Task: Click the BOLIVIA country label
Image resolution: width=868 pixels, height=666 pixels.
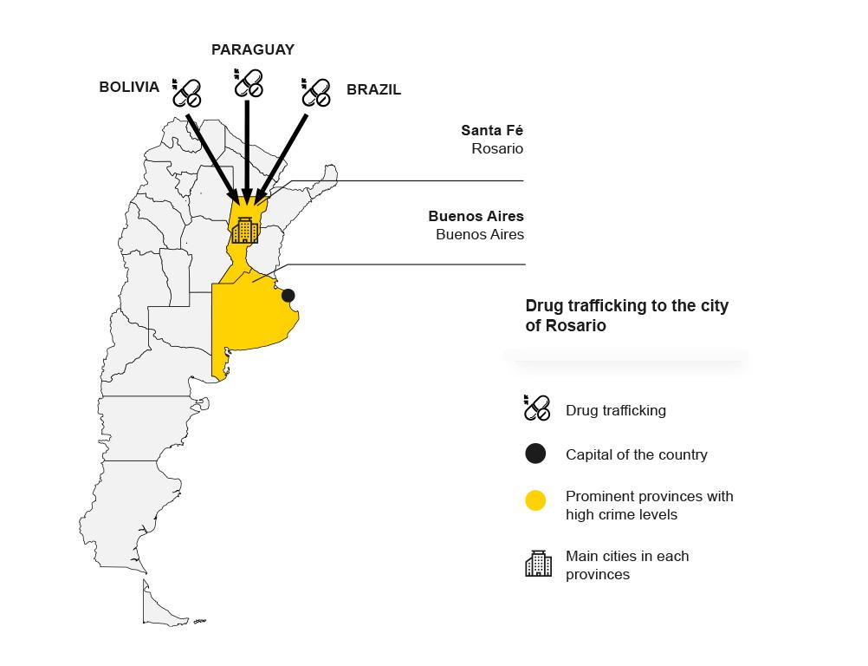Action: coord(129,87)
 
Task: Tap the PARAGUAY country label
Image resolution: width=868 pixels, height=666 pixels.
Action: coord(253,50)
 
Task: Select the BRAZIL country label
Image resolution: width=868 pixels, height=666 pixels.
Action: coord(373,90)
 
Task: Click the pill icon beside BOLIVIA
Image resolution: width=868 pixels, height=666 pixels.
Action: coord(186,93)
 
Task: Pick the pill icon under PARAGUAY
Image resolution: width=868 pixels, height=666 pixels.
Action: coord(248,83)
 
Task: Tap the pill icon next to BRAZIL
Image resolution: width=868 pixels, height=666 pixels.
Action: coord(316,92)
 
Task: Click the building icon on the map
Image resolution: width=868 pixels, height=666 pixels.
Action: coord(244,230)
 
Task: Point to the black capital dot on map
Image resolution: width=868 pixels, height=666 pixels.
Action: coord(288,296)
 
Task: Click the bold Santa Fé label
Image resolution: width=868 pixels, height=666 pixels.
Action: coord(492,130)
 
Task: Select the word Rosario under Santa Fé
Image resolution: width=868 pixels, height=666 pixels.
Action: coord(497,148)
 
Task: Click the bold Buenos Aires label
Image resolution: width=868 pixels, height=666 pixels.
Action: coord(476,216)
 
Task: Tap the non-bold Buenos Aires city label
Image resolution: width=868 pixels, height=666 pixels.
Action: coord(480,234)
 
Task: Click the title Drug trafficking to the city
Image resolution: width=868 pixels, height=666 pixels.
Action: coord(626,306)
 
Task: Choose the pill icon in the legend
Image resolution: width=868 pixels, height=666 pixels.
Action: coord(537,408)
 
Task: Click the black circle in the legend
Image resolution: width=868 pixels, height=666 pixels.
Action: coord(535,454)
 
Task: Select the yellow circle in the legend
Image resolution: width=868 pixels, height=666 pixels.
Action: coord(535,500)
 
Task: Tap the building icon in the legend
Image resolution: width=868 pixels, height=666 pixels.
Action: coord(538,564)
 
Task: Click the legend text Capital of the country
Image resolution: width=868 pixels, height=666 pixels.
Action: coord(637,455)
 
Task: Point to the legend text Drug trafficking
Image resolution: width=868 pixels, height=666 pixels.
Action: coord(616,410)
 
